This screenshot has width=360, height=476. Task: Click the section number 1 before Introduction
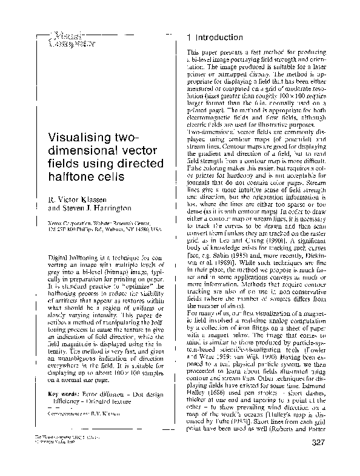coord(190,38)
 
